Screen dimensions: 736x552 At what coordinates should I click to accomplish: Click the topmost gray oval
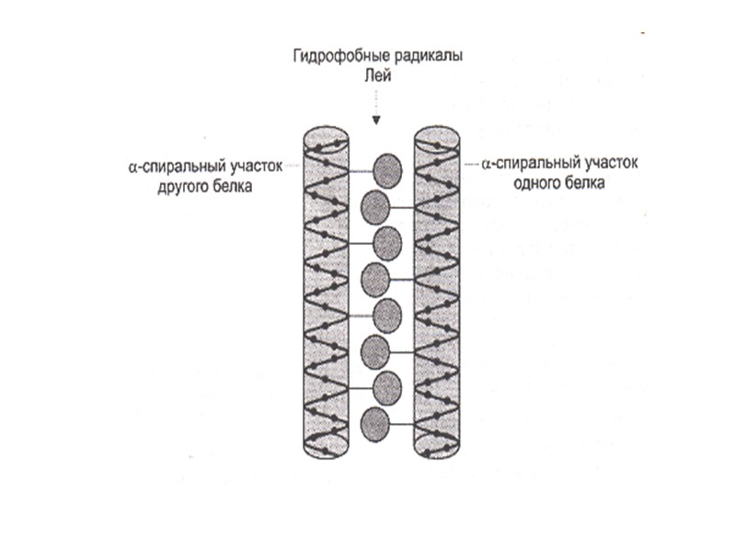(x=387, y=169)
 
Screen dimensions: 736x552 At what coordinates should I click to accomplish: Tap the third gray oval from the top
(x=386, y=242)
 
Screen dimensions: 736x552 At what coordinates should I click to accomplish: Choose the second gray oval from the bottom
(x=386, y=386)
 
